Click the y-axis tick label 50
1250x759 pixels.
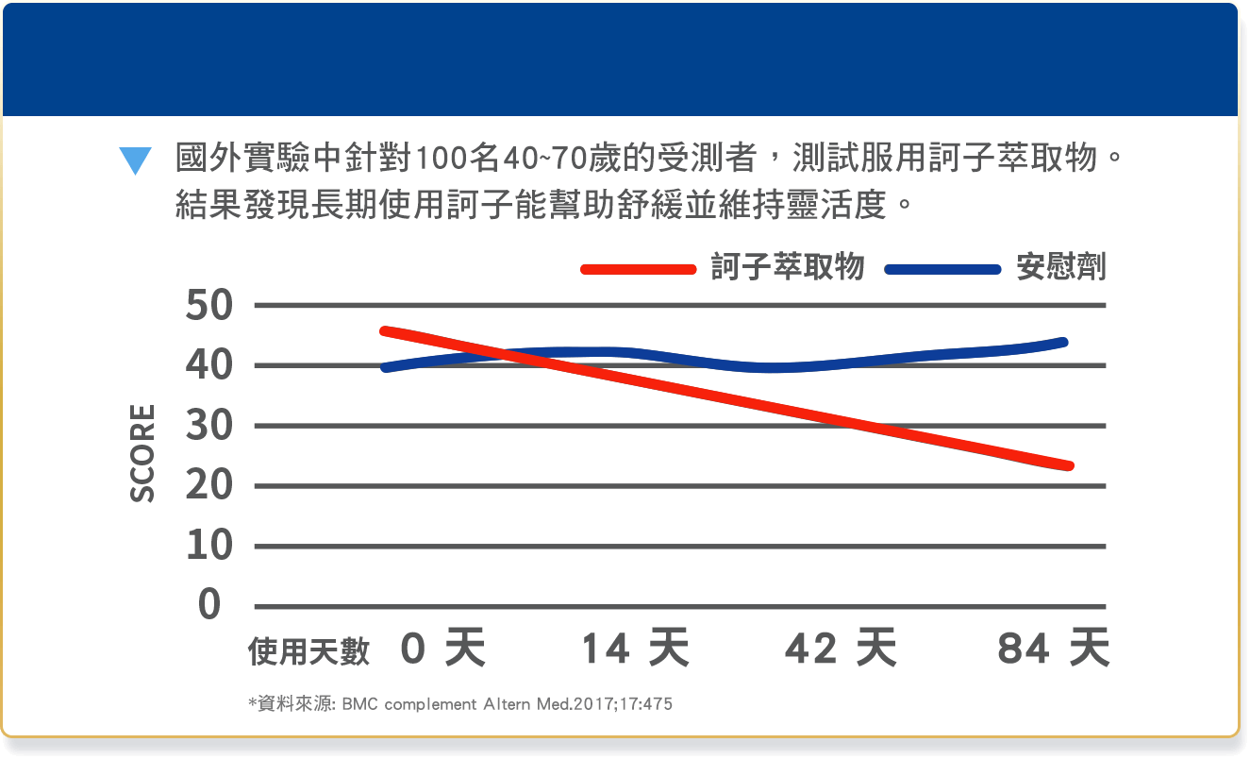pos(208,306)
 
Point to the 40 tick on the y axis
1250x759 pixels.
pos(208,365)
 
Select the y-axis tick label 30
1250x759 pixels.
pos(208,426)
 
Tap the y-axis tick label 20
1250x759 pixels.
pos(208,486)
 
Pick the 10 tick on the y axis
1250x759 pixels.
pos(208,546)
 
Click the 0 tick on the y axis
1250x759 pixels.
pos(209,605)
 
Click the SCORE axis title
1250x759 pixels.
pos(142,453)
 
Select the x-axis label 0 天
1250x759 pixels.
pos(442,649)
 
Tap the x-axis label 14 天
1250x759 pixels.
pos(634,649)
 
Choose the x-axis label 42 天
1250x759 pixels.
pos(841,649)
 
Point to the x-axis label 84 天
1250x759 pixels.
pos(1053,649)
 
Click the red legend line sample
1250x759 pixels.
pos(639,269)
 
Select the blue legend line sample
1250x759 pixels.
pos(942,269)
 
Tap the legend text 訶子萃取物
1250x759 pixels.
pos(787,268)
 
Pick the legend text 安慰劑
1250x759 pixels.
pos(1060,268)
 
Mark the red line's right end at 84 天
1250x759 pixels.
pos(1069,465)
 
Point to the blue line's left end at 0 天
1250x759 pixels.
pos(385,367)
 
